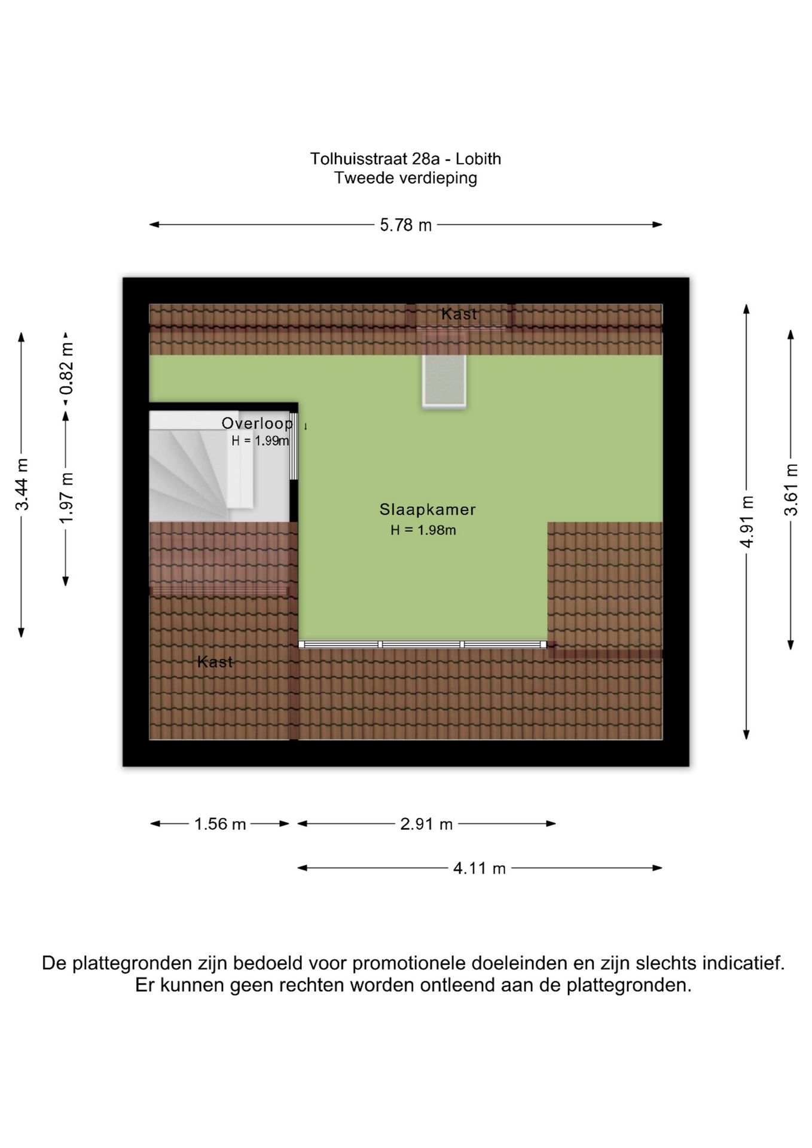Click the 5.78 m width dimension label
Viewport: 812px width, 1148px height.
click(x=405, y=225)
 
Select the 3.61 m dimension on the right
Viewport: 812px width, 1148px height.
click(x=790, y=490)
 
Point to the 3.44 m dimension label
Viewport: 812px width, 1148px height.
click(x=22, y=484)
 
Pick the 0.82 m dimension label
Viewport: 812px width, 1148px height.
click(x=66, y=368)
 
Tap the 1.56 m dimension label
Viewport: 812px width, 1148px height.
click(x=220, y=824)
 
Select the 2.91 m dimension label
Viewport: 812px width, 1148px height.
click(x=426, y=824)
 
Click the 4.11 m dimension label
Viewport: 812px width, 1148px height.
click(x=480, y=868)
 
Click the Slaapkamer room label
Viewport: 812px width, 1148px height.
click(x=428, y=510)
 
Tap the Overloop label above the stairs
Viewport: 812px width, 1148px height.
click(x=257, y=423)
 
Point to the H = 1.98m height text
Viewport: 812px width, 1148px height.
click(x=423, y=530)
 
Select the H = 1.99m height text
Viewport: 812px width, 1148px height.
click(x=260, y=441)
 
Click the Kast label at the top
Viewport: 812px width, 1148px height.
click(x=459, y=314)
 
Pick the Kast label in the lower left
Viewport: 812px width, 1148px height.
click(x=215, y=662)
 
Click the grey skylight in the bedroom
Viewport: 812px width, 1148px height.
click(x=444, y=381)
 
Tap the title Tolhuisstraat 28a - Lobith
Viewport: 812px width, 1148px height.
click(x=405, y=159)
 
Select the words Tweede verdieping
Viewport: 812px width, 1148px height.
click(x=405, y=178)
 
